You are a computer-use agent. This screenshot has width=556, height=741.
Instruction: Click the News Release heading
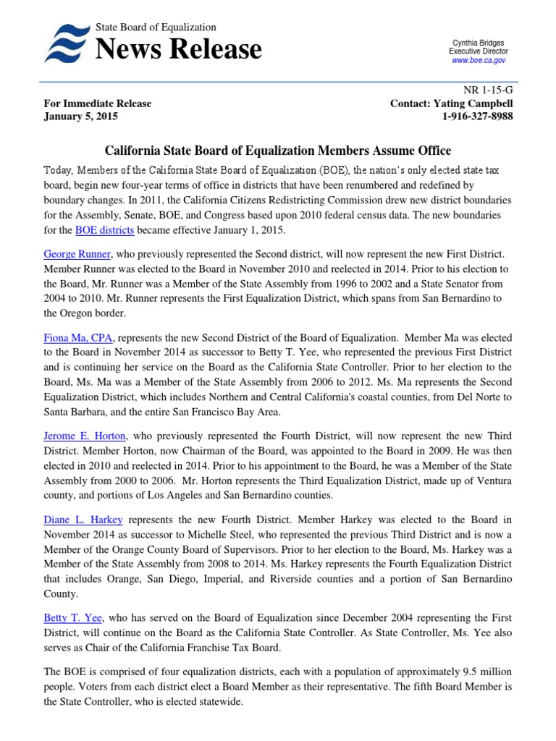(178, 49)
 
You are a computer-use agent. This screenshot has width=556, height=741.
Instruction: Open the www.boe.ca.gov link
(479, 61)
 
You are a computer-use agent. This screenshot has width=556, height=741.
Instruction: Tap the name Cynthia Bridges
(479, 43)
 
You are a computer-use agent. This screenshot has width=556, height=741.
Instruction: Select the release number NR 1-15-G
(490, 90)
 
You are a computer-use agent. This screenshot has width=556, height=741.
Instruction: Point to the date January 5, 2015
(80, 117)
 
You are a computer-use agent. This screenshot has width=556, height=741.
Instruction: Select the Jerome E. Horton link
(85, 436)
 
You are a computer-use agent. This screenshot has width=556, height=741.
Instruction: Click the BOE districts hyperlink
(105, 230)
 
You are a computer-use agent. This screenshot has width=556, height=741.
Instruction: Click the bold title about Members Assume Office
(278, 151)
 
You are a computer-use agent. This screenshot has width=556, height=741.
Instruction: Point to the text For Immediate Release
(98, 103)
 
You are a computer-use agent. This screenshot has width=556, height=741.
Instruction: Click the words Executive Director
(479, 52)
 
